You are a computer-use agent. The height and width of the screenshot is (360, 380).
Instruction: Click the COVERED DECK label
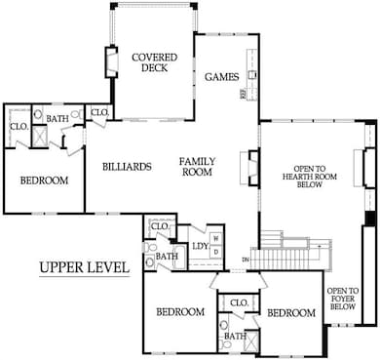coord(154,63)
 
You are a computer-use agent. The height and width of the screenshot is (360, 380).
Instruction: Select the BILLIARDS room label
coord(127,167)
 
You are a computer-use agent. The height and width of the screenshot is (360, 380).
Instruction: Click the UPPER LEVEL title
coord(84,267)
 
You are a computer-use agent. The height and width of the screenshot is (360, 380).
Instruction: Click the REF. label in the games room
coord(245,95)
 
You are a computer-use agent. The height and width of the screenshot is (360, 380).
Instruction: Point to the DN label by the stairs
coord(245,258)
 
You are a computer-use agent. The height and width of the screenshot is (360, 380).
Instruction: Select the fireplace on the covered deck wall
coord(110,62)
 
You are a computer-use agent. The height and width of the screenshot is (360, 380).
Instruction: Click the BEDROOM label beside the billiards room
coord(44,180)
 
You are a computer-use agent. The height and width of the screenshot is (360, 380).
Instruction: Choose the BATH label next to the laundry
coord(169,257)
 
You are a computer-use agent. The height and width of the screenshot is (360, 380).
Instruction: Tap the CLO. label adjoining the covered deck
coord(99,113)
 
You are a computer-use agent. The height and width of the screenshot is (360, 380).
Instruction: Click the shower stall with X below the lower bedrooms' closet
coord(251,341)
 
